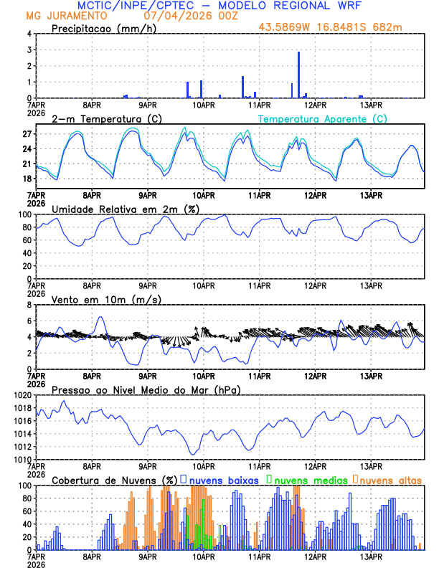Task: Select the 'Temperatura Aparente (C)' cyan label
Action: (x=323, y=118)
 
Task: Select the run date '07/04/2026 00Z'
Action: (x=183, y=15)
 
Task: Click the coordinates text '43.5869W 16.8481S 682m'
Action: (x=332, y=27)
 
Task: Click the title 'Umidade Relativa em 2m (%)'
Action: (x=126, y=209)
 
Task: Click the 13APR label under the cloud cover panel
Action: (x=370, y=557)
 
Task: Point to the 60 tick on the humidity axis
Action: (x=27, y=240)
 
